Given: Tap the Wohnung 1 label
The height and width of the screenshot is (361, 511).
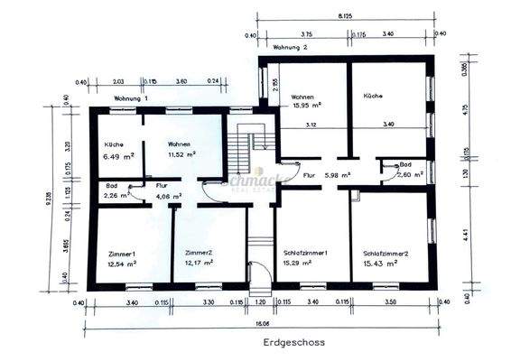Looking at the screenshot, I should coord(132,97).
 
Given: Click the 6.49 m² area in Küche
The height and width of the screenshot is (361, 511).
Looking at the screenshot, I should coord(119,155).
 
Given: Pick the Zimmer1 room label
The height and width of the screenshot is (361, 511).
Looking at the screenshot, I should coord(121,254).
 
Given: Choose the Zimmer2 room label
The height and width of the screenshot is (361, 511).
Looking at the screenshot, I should coord(199,253).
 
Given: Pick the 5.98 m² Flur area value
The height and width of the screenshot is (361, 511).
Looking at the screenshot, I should coord(337,175).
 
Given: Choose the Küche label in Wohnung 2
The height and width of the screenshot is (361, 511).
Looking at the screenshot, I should coord(374,95).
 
